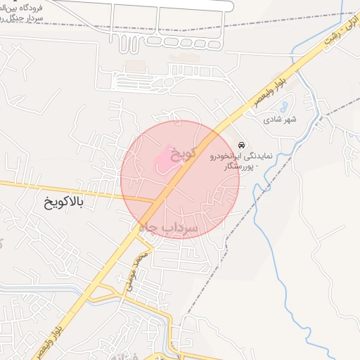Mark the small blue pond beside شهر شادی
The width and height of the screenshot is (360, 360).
283,108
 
